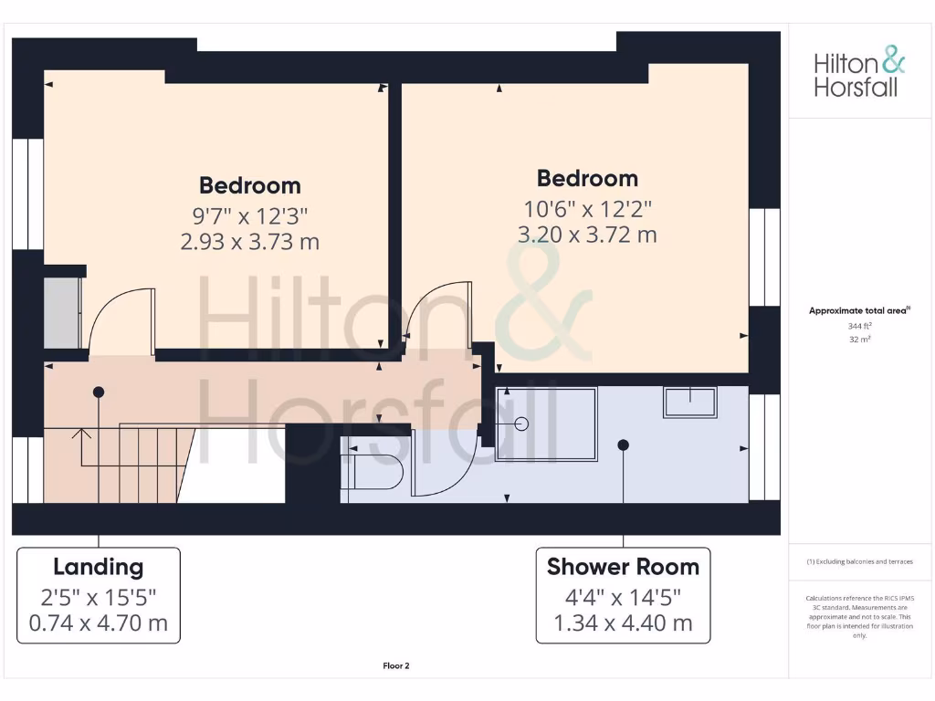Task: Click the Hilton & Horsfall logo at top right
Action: tap(859, 75)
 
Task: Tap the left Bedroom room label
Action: tap(250, 185)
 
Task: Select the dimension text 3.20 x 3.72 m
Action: tap(587, 235)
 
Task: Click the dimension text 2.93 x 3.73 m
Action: tap(250, 242)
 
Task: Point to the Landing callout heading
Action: tap(99, 567)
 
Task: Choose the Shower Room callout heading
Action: tap(623, 567)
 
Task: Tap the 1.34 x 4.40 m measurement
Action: tap(623, 624)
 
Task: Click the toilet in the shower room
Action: tap(374, 472)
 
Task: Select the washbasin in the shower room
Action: tap(690, 402)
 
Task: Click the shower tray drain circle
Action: tap(521, 424)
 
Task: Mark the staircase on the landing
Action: tap(137, 461)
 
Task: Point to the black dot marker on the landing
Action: tap(98, 392)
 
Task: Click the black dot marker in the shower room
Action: tap(623, 445)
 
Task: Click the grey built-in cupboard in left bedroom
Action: tap(62, 312)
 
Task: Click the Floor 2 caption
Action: tap(396, 666)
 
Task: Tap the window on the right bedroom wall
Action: tap(764, 256)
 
